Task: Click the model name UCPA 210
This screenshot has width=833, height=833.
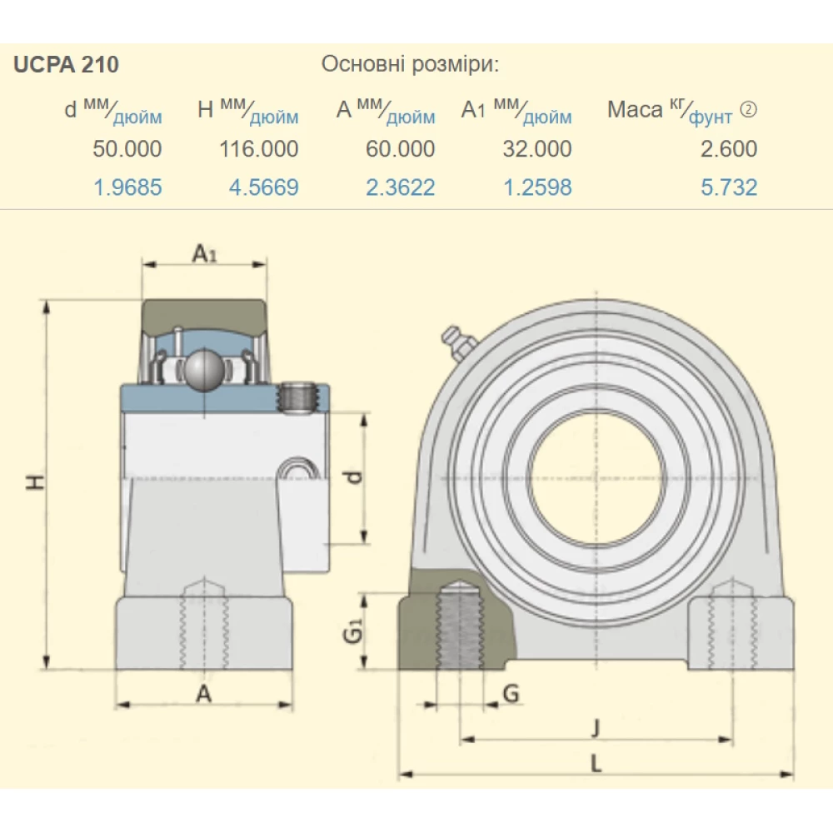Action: coord(66,65)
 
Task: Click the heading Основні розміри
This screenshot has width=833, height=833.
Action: coord(410,65)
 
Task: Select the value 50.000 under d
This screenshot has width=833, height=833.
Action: coord(127,149)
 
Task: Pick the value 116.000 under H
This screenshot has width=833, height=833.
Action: coord(259,149)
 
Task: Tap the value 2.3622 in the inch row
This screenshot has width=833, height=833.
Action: coord(400,187)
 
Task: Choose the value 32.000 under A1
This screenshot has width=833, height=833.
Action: coord(537,149)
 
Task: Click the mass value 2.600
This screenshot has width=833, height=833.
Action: coord(729,149)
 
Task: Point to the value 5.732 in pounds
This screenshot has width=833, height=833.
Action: coord(729,187)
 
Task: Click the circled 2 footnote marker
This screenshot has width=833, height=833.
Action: coord(749,109)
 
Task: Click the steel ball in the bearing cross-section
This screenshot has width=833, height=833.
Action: coord(202,371)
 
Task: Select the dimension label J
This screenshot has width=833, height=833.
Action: coord(595,729)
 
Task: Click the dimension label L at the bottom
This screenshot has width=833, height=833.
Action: coord(595,763)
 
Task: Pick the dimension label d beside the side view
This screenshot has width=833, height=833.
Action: coord(353,478)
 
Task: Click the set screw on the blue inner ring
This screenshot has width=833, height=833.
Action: coord(301,397)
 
